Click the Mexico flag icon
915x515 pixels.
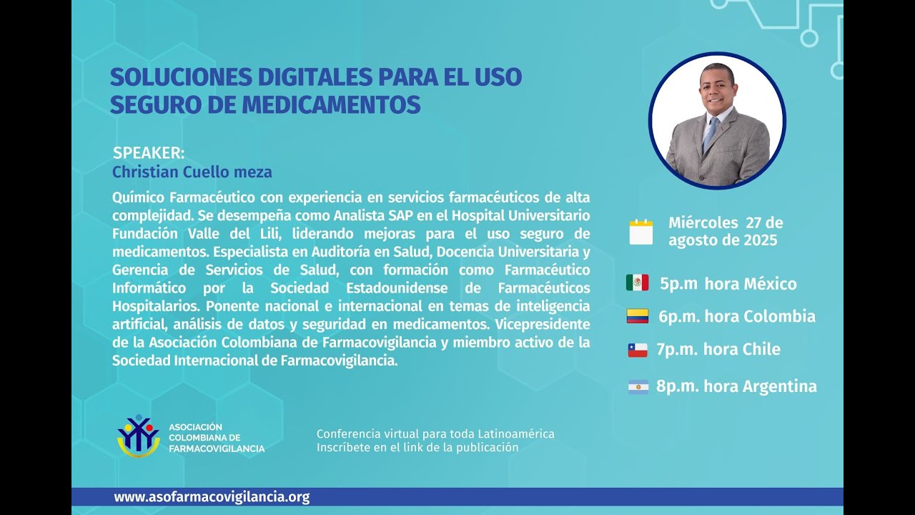637,283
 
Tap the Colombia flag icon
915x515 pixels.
637,316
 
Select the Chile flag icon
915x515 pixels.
637,350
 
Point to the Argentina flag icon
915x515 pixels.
638,387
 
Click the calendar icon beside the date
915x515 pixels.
641,232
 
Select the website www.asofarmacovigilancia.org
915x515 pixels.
212,497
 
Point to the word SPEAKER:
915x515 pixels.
149,153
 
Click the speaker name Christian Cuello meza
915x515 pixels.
192,172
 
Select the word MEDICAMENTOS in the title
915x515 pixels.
331,104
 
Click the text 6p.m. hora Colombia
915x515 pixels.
737,316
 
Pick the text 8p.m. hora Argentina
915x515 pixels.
736,387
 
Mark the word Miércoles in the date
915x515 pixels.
703,222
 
